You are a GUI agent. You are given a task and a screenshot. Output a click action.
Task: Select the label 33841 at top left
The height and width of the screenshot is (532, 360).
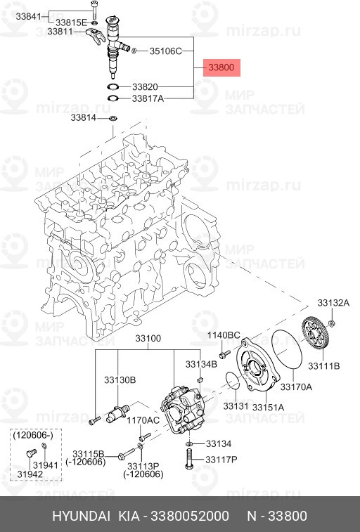click(x=70, y=15)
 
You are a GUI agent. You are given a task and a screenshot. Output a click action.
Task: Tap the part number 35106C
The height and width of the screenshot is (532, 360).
click(x=165, y=51)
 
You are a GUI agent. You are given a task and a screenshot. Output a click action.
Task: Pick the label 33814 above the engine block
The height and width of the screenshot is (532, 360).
click(x=82, y=118)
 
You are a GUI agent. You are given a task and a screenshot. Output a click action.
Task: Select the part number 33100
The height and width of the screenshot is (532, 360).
click(x=148, y=339)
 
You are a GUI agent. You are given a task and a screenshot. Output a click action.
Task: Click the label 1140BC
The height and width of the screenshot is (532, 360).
click(x=223, y=335)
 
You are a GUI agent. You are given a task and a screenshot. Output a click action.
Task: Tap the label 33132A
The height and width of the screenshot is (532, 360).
click(x=333, y=303)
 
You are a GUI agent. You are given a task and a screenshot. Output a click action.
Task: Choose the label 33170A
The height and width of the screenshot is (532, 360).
click(x=297, y=387)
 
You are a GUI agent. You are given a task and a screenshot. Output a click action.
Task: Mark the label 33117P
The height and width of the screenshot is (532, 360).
click(x=221, y=460)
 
